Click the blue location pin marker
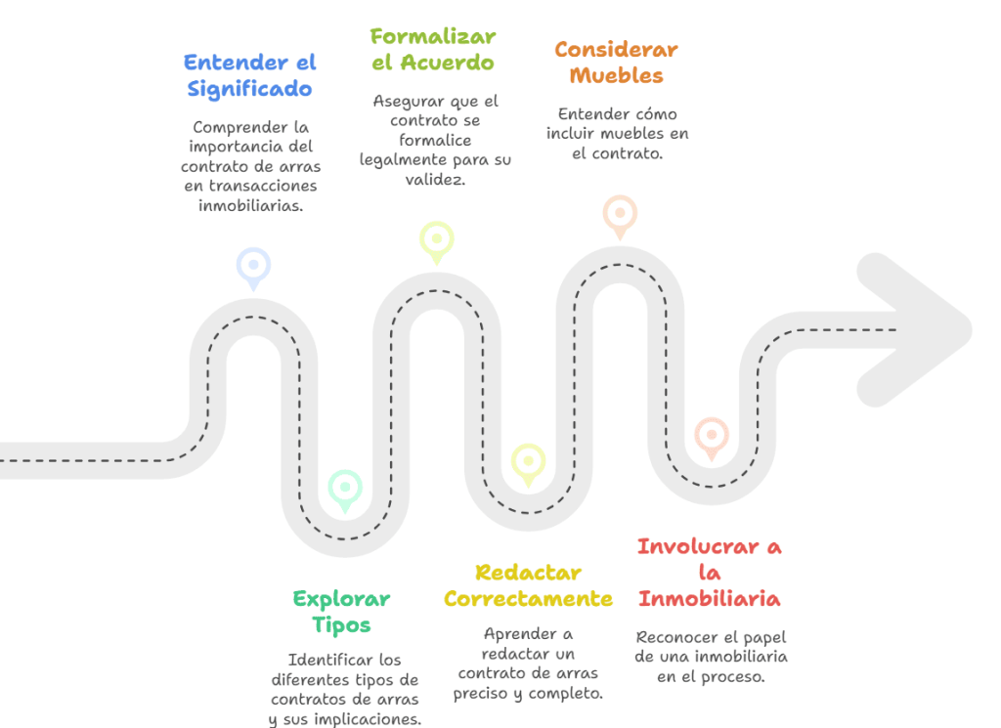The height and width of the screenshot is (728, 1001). click(x=253, y=266)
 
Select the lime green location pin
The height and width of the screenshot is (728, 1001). click(x=436, y=238)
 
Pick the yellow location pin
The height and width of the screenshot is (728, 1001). click(x=528, y=462)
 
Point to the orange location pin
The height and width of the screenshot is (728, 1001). click(x=620, y=214)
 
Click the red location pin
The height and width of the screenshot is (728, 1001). click(x=711, y=436)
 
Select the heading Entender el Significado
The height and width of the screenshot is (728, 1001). click(x=250, y=75)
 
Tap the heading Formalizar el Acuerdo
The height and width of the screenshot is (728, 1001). click(x=433, y=49)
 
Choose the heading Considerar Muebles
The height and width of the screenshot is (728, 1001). click(x=616, y=62)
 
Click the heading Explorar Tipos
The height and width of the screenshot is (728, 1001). click(x=341, y=612)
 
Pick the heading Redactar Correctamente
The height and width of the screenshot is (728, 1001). click(x=528, y=585)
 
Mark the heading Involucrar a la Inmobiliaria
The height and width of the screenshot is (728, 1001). click(x=709, y=572)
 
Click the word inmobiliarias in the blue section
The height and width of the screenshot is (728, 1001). click(x=250, y=204)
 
